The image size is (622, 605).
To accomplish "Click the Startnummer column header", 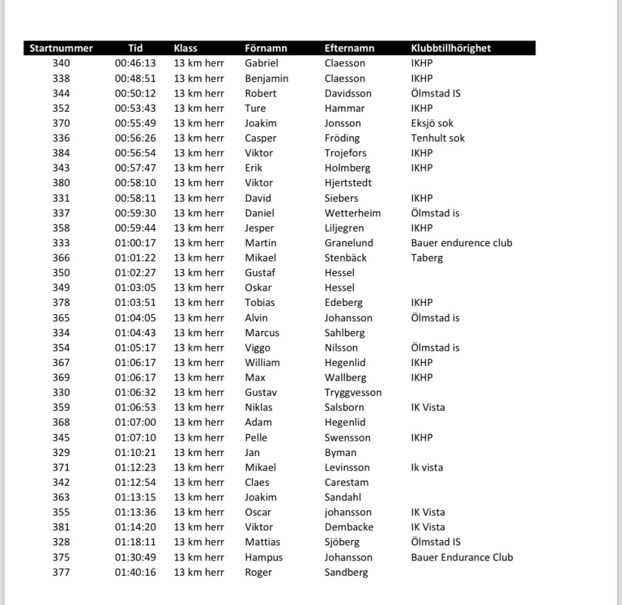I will (61, 48).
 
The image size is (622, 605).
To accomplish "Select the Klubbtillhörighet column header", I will (451, 48).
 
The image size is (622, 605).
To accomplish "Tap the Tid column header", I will (135, 48).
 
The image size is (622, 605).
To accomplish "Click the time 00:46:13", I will (135, 63).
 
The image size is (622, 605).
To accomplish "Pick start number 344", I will (61, 93).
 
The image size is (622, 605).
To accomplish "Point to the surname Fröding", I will (342, 138).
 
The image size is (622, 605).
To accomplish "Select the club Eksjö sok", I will (432, 123).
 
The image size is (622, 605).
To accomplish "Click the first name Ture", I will (255, 108).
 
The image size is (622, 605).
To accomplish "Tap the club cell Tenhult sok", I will (437, 138).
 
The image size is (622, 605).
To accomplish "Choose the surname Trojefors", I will (345, 153).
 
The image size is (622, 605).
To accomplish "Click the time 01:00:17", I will (135, 243).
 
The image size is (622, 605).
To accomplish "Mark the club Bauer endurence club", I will (461, 243).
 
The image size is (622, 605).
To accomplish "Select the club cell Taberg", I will (426, 258).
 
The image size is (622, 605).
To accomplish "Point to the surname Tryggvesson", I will (353, 392).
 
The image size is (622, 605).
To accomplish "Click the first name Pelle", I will (256, 437).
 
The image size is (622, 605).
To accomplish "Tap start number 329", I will (61, 452).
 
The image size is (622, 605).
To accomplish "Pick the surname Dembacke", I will (349, 527).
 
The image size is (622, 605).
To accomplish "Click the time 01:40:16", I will (135, 572).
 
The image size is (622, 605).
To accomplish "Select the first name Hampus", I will (264, 557).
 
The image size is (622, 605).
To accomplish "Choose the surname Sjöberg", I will (342, 542).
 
